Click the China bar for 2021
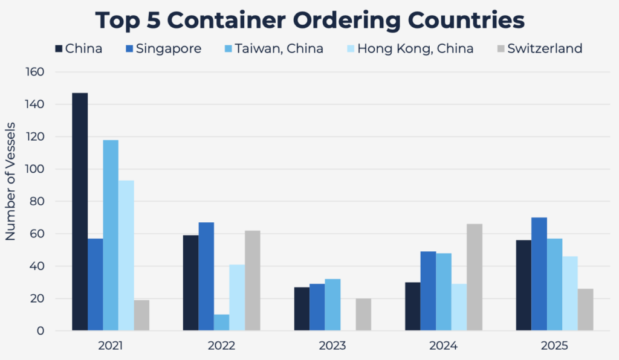(80, 211)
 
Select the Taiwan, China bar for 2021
(111, 235)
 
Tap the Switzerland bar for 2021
(141, 315)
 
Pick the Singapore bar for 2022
(206, 276)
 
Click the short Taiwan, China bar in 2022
(221, 323)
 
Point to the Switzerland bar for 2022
(252, 280)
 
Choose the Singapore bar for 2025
(539, 274)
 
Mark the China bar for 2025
(524, 285)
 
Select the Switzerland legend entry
(545, 48)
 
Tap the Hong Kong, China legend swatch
(349, 48)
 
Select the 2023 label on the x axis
(332, 346)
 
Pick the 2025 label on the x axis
(554, 346)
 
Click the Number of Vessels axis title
(11, 181)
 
